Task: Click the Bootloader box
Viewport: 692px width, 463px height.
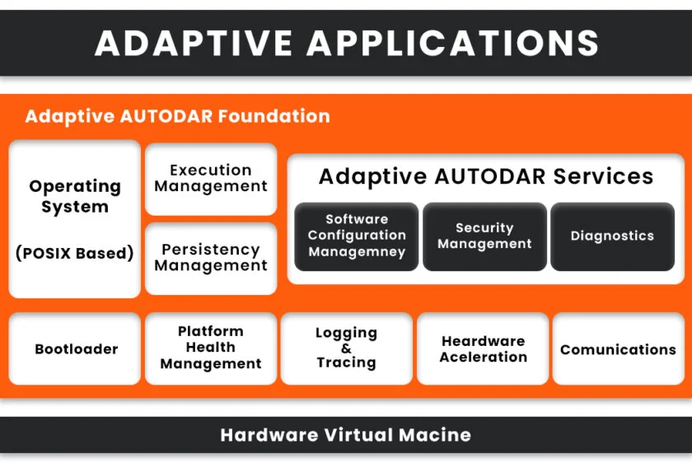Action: (x=75, y=348)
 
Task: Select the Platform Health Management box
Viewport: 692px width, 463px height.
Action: (x=211, y=348)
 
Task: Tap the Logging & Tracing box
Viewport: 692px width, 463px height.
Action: (x=347, y=348)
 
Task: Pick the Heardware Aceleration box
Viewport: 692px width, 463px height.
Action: (x=483, y=348)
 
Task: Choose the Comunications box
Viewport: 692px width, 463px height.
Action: (x=619, y=348)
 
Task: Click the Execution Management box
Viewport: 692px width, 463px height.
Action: (x=211, y=179)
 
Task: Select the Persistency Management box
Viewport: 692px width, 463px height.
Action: (x=211, y=258)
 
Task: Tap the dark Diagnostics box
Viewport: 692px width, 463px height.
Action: (x=613, y=236)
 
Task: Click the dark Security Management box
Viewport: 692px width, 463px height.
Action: (x=484, y=236)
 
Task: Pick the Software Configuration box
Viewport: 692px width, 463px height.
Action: (x=357, y=236)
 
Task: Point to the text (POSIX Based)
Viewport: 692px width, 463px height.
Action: (x=75, y=254)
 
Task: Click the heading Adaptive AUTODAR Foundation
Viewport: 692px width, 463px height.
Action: (x=177, y=116)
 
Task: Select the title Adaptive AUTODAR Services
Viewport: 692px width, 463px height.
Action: (x=486, y=176)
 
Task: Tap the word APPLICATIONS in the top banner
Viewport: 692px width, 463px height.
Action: (x=452, y=43)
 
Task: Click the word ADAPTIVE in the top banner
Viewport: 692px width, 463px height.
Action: (x=194, y=43)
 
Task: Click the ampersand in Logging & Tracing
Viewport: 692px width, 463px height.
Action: (x=347, y=348)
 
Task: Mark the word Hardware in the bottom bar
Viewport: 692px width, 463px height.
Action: (x=269, y=435)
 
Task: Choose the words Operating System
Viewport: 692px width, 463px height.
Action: (x=75, y=196)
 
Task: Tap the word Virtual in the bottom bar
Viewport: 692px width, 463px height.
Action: (x=359, y=435)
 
